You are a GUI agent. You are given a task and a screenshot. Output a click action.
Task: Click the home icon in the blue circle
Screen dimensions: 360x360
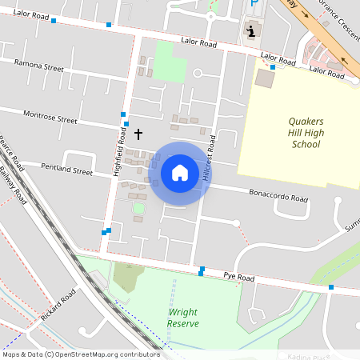180,172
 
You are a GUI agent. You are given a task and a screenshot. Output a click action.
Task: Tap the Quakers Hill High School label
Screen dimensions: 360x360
295,133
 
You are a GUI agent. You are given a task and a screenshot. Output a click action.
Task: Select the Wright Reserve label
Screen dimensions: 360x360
183,318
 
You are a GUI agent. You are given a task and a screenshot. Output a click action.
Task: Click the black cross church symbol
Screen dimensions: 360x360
138,134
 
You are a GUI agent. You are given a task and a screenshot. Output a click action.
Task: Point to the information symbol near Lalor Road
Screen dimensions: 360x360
252,31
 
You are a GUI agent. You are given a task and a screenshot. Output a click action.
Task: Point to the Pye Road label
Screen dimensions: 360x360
238,277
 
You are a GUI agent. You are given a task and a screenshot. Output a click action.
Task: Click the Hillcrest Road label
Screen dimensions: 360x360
210,158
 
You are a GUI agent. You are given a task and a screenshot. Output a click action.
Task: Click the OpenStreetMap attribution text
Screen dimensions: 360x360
81,354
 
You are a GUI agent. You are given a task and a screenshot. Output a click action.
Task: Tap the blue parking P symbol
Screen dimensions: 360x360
254,4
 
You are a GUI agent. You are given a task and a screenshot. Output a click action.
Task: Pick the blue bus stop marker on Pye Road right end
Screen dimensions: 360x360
331,286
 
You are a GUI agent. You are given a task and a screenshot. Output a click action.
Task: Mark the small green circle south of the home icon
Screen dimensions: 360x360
138,209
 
